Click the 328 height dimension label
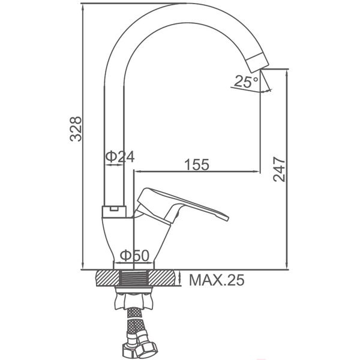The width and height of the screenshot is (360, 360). tap(76, 129)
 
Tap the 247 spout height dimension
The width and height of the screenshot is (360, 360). tap(279, 169)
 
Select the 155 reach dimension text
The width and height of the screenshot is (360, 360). tap(197, 164)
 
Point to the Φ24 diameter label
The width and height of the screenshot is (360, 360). tap(120, 157)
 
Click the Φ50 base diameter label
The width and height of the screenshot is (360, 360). tap(134, 256)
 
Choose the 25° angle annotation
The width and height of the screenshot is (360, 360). tap(246, 82)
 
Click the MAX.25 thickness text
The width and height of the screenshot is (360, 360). tap(217, 280)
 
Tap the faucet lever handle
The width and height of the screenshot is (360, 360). tap(181, 205)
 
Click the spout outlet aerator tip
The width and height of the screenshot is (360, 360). tap(257, 62)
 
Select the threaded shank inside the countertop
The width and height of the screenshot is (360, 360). tap(134, 278)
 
